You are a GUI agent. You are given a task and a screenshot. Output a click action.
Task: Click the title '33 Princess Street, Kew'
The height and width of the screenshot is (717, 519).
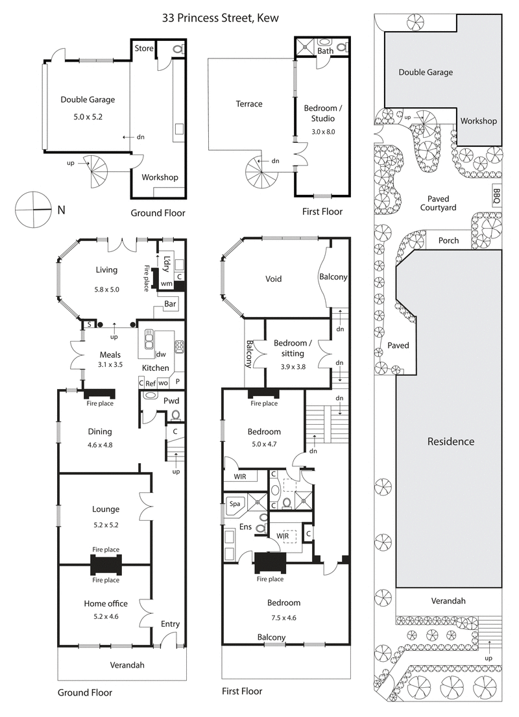tap(221, 18)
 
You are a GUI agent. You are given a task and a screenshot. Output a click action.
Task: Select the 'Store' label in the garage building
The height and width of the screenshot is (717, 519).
tap(144, 48)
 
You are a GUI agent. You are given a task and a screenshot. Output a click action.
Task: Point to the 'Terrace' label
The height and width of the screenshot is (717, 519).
tap(249, 104)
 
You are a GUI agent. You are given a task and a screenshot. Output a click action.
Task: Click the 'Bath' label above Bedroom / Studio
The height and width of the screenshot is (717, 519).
tap(325, 50)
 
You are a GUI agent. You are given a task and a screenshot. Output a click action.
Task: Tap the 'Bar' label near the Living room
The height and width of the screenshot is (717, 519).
tap(171, 303)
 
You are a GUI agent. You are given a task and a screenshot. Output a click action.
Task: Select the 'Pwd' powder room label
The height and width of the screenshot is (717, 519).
tap(171, 400)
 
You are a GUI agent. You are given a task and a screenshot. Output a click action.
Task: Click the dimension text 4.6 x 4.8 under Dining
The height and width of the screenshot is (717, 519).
tap(101, 445)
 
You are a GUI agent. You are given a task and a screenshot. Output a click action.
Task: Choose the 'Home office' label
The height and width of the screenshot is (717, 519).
tap(100, 603)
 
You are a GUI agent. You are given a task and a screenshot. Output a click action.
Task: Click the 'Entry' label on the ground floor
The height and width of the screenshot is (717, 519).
tap(170, 624)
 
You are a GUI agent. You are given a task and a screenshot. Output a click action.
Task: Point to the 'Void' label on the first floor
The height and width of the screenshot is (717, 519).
tap(274, 279)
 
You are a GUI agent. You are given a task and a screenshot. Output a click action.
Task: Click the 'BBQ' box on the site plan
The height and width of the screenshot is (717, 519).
tap(497, 195)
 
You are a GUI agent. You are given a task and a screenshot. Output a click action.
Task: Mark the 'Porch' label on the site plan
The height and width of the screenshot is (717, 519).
tap(448, 240)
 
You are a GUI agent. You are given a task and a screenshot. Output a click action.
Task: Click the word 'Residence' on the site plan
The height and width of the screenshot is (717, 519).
tap(450, 442)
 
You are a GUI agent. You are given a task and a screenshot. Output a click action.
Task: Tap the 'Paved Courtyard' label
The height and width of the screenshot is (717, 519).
tap(442, 203)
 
